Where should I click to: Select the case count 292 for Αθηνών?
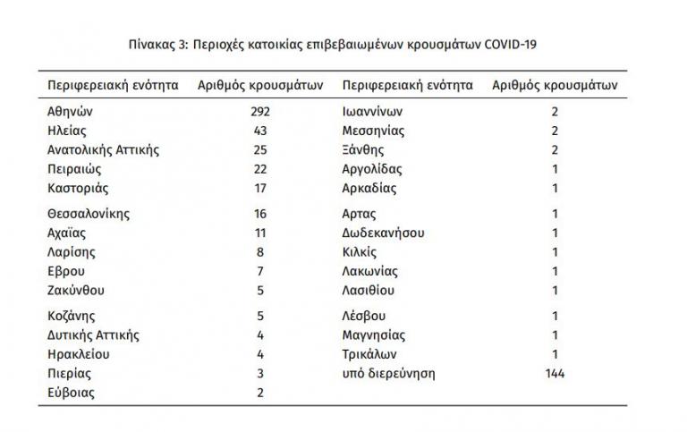pos(259,112)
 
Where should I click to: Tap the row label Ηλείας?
pos(66,131)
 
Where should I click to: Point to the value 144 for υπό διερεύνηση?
pos(555,373)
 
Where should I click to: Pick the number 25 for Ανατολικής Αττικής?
pos(259,149)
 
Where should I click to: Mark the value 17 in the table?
pos(259,188)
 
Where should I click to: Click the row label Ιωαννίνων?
pos(373,112)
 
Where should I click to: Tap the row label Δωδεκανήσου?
pos(383,233)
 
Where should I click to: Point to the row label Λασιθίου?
pos(369,290)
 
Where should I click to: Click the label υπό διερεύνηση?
pos(388,373)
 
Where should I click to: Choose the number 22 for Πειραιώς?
pos(259,169)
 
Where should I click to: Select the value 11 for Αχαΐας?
pos(259,233)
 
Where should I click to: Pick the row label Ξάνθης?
pos(364,149)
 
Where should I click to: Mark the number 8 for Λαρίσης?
pos(259,252)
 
